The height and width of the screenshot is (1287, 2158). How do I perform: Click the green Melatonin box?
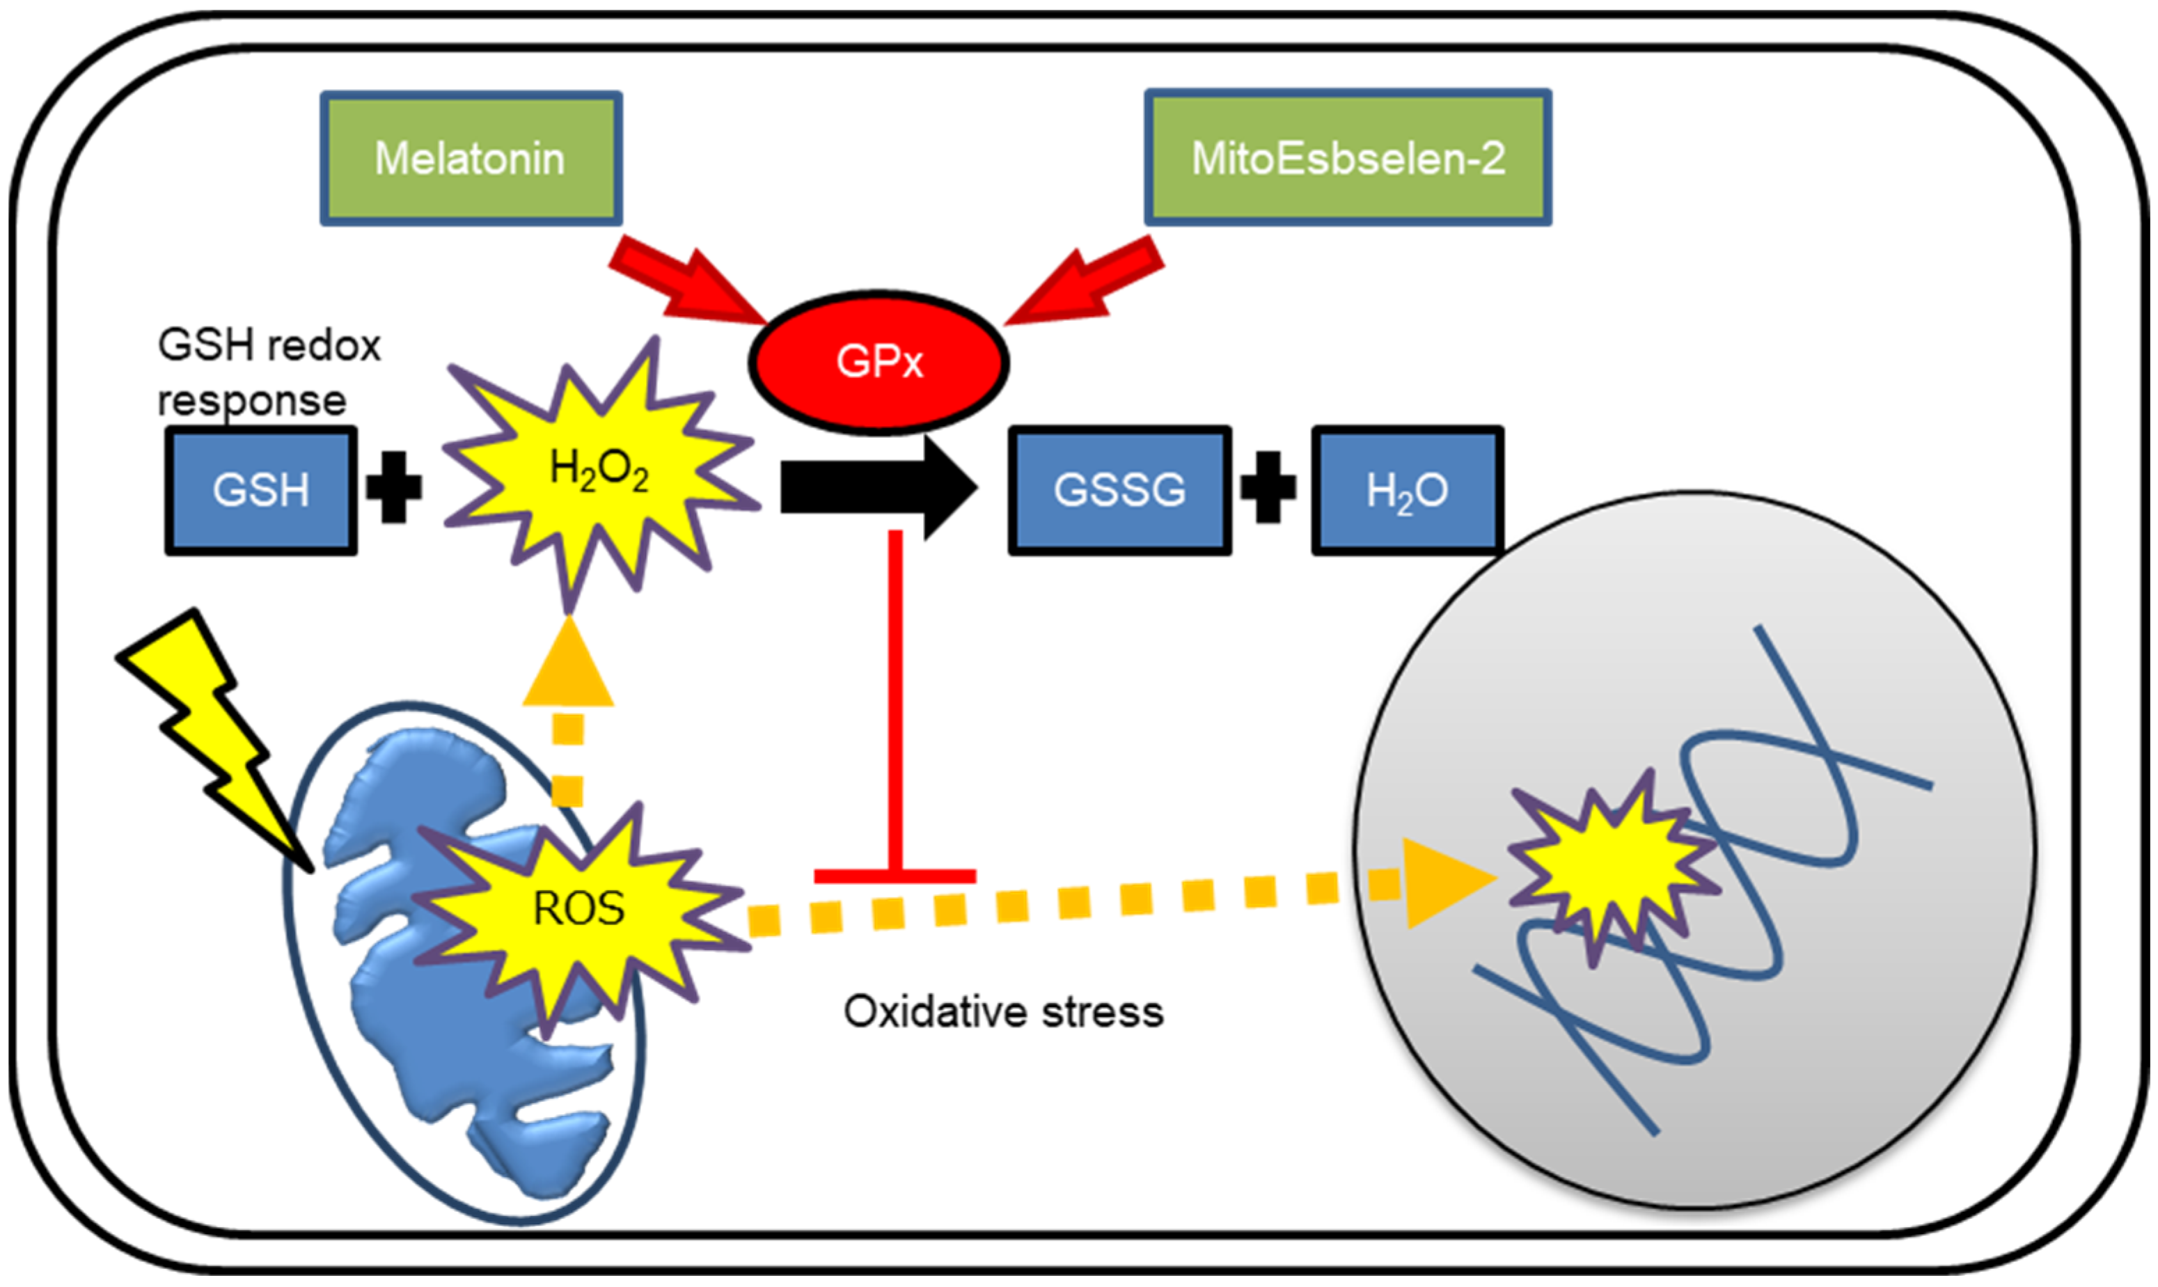[x=471, y=159]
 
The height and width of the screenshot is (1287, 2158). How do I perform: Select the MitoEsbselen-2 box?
[x=1347, y=158]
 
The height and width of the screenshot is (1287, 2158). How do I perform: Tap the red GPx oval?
[x=878, y=362]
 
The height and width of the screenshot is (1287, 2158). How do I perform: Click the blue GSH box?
[x=261, y=491]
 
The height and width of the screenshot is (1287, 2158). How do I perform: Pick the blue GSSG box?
[x=1119, y=491]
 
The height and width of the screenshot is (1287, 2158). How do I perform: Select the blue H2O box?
[x=1406, y=491]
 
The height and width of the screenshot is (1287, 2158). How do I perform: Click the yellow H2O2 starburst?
[x=599, y=473]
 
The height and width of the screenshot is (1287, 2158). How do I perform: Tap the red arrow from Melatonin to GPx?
[x=685, y=279]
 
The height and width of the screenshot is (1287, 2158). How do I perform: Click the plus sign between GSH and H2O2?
[x=394, y=487]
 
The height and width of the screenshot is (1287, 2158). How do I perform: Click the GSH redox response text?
[x=269, y=373]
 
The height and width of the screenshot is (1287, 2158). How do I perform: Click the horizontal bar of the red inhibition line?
[x=895, y=876]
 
